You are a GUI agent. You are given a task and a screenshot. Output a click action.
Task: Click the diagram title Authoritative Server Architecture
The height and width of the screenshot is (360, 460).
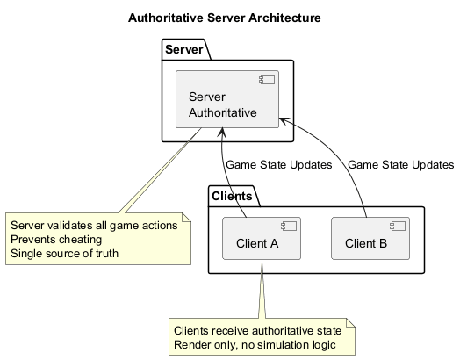(x=224, y=18)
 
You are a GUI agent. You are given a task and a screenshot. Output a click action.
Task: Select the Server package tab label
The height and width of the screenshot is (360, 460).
(x=184, y=50)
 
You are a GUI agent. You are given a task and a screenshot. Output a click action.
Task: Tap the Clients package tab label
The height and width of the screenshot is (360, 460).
(x=232, y=195)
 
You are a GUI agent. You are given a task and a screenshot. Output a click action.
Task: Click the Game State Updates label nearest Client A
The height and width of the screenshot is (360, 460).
(x=278, y=164)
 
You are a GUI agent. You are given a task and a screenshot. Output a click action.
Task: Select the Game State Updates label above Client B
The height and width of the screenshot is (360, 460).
(x=400, y=164)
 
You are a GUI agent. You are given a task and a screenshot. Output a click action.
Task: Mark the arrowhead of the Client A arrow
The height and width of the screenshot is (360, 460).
(x=224, y=133)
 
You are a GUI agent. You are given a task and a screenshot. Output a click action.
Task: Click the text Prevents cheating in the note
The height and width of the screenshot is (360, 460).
(x=56, y=240)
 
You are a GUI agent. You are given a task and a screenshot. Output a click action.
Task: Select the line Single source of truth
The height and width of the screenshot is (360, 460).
(x=64, y=255)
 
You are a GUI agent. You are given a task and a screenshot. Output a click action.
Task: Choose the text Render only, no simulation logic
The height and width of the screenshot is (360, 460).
(x=255, y=345)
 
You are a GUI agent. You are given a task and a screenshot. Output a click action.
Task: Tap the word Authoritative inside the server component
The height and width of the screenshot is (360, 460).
(x=222, y=112)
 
